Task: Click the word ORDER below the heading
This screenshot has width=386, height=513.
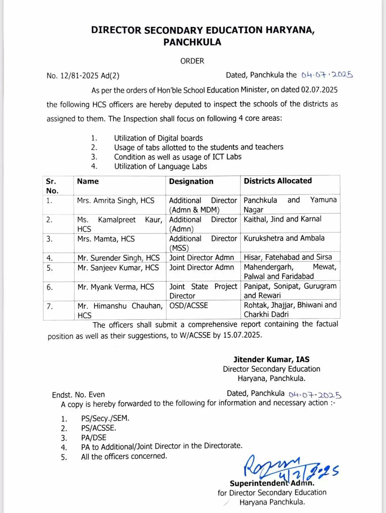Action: coord(192,61)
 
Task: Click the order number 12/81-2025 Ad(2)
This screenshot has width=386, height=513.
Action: coord(89,76)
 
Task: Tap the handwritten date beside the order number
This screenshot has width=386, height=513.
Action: coord(327,75)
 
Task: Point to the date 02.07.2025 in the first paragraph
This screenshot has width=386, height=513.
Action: coord(319,90)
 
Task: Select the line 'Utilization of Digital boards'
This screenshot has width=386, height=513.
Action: coord(158,138)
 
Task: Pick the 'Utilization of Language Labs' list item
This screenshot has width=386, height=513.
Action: coord(160,166)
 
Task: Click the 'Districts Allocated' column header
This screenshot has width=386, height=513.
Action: coord(277,181)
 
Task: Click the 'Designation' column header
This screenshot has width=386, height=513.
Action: coord(191,181)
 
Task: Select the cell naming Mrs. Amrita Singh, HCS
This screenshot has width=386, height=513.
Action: coord(115,201)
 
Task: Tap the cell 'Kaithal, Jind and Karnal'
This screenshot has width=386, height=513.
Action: coord(282,219)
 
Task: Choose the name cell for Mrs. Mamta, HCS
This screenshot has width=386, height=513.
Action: coord(106,239)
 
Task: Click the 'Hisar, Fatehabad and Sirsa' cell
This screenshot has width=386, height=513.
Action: coord(288,257)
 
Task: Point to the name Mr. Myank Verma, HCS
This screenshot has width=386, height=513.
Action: coord(116,287)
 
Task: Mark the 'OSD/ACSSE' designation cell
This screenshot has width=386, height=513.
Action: coord(189,305)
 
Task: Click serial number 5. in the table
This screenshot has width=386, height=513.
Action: coord(49,268)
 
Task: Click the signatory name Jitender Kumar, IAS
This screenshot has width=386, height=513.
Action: coord(271,360)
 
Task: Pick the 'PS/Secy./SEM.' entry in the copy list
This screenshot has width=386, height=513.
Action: coord(105,419)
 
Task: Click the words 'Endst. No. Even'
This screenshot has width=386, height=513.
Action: coord(78,395)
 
